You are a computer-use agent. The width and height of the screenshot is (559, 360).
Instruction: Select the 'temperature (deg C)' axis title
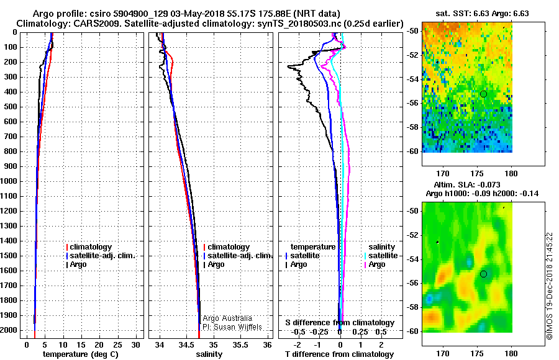point(80,354)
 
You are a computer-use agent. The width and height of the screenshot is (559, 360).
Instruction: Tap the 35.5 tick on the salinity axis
point(240,344)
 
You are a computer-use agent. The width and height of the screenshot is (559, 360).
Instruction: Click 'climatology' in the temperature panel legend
point(91,247)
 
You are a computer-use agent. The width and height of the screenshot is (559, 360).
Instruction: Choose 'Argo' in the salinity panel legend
point(216,264)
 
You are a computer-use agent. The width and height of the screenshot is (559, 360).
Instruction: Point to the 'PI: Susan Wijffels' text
point(232,326)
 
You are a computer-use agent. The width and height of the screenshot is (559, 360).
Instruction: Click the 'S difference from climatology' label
point(340,323)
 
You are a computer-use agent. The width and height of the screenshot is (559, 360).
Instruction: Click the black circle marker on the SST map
point(483,94)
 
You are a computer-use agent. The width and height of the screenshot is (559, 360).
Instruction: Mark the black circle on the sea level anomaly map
point(483,274)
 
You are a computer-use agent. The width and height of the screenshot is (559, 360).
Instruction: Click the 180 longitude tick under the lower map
point(512,354)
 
